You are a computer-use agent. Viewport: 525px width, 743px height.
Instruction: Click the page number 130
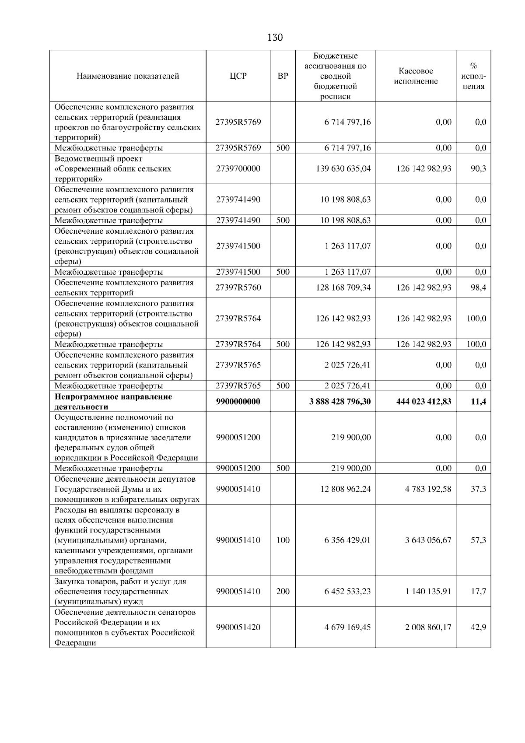(x=275, y=38)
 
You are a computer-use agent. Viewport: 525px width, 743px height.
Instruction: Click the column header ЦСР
(x=238, y=76)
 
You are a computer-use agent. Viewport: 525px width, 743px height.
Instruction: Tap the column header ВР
(x=283, y=76)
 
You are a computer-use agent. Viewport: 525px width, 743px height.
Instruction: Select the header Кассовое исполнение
(x=416, y=76)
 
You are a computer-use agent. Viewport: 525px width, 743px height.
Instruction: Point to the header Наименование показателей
(x=128, y=76)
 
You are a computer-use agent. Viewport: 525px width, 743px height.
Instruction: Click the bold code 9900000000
(x=238, y=401)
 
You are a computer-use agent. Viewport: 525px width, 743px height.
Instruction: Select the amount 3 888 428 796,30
(x=340, y=401)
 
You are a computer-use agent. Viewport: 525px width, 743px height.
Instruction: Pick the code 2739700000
(x=238, y=168)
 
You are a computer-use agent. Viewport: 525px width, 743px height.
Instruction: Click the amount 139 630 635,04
(x=343, y=168)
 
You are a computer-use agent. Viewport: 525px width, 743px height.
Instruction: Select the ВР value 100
(x=283, y=540)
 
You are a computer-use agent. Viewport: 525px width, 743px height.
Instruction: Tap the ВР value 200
(x=283, y=591)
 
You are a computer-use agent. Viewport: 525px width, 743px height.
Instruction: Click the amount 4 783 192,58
(x=428, y=489)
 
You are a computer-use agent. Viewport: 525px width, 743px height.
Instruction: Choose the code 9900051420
(x=238, y=627)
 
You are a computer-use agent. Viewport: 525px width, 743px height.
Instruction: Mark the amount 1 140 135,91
(x=428, y=591)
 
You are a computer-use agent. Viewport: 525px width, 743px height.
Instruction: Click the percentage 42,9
(x=478, y=627)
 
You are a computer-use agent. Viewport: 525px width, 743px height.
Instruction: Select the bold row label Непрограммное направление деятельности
(x=113, y=401)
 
